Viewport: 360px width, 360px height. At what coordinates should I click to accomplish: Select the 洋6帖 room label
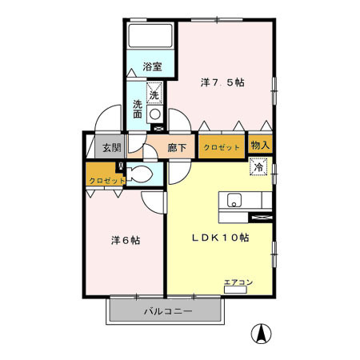click(124, 239)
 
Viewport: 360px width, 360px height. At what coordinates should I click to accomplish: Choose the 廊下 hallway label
click(178, 147)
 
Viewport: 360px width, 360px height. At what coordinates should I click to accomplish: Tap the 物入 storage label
click(260, 145)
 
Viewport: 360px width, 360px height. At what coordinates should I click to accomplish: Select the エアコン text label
click(238, 281)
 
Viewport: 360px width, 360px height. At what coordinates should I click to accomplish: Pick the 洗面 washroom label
click(138, 109)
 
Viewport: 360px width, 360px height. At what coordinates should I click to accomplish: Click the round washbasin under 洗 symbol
click(155, 113)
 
